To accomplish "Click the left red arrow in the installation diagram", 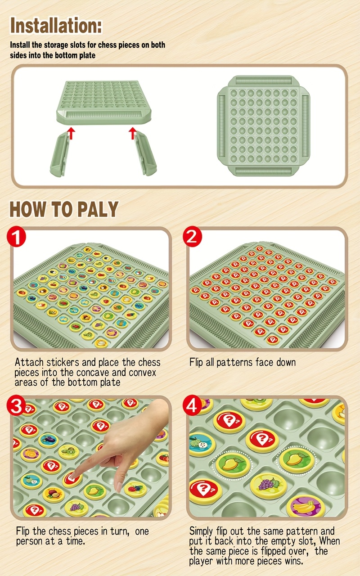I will click(x=70, y=132).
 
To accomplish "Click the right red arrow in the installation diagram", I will click(x=132, y=132).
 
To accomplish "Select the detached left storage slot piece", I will click(x=62, y=156).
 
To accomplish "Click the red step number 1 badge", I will click(x=17, y=238).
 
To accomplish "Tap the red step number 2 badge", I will click(x=192, y=237).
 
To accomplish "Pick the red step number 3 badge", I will click(x=17, y=408).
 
